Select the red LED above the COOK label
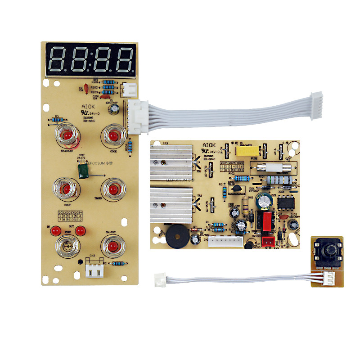click(112, 135)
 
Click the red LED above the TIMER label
click(111, 188)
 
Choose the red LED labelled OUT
click(80, 231)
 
